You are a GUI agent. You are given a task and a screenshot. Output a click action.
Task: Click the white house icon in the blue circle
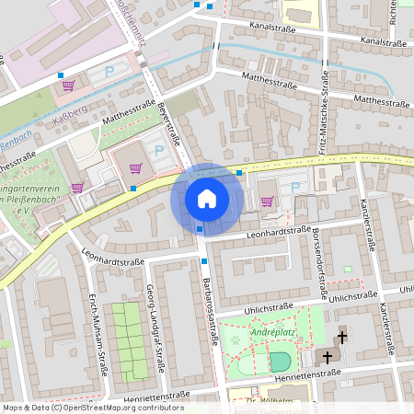(x=206, y=198)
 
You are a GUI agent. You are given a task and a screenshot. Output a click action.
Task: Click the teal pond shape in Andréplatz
(x=279, y=361)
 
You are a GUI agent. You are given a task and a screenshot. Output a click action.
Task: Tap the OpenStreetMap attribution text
(x=93, y=408)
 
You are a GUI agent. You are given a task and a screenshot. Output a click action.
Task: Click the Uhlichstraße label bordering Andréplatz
(x=269, y=308)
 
